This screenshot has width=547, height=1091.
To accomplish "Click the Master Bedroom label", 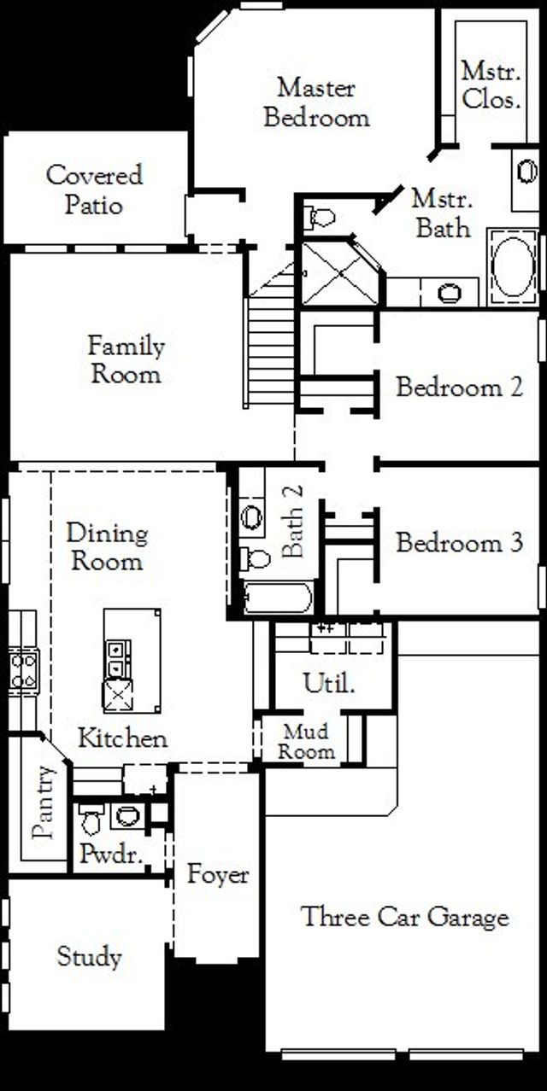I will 316,102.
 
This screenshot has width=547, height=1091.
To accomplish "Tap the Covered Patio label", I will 94,190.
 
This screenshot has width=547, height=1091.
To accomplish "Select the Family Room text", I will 126,360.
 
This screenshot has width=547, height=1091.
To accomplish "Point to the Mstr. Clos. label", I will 491,85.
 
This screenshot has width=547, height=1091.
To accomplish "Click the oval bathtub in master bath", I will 513,267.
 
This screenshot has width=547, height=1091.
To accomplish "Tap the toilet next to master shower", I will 321,217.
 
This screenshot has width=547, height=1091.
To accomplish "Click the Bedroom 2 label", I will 459,388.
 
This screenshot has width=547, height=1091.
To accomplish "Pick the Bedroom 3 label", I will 459,543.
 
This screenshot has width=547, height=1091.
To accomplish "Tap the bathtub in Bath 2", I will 277,598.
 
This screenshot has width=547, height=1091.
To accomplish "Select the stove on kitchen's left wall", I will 23,671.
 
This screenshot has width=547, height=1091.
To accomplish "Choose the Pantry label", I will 44,802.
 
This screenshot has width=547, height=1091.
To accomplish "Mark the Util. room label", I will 329,684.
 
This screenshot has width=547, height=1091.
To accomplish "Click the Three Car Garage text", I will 405,918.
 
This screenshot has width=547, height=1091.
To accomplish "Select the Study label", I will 89,957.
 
